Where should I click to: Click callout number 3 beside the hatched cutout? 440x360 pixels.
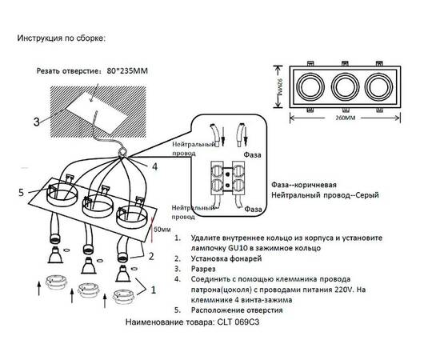tap(38, 122)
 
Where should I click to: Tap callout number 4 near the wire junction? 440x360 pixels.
tap(154, 166)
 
